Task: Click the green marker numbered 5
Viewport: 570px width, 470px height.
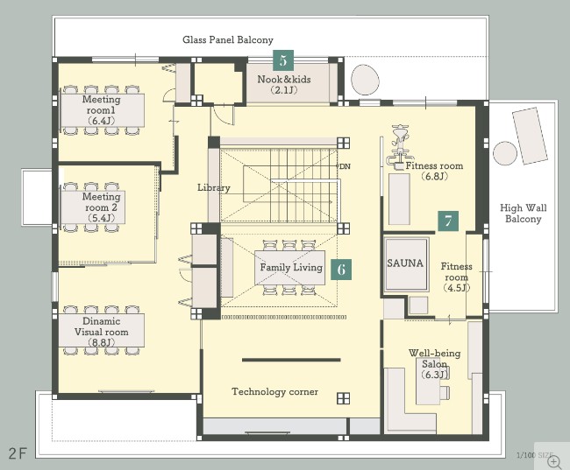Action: (x=283, y=60)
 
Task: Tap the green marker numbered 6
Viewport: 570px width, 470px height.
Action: (x=341, y=270)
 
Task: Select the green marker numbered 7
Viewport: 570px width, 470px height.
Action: (x=448, y=221)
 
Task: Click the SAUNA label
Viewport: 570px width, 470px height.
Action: (x=405, y=263)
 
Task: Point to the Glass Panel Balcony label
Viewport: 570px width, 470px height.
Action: (x=228, y=39)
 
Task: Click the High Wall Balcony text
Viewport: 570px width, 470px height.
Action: (x=524, y=214)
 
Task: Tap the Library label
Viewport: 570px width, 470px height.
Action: (x=214, y=188)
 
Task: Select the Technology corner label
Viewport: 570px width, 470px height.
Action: (x=274, y=391)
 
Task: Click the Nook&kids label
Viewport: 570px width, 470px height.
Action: (x=284, y=79)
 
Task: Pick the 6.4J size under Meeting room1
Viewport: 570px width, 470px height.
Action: (x=101, y=121)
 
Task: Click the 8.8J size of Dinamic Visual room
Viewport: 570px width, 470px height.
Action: (x=101, y=342)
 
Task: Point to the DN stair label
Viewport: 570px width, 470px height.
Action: (x=345, y=166)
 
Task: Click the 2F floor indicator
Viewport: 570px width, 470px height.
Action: (x=18, y=453)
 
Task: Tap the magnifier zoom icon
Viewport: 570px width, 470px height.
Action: (x=554, y=462)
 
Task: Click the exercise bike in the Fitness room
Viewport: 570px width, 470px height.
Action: (x=399, y=147)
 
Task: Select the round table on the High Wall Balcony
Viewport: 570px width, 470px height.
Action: (x=505, y=153)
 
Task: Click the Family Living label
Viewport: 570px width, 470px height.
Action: (x=291, y=268)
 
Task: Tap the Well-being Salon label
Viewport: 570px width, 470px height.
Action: (x=434, y=358)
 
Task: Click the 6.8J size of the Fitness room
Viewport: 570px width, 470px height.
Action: (x=434, y=177)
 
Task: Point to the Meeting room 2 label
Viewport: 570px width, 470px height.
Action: (x=101, y=202)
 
